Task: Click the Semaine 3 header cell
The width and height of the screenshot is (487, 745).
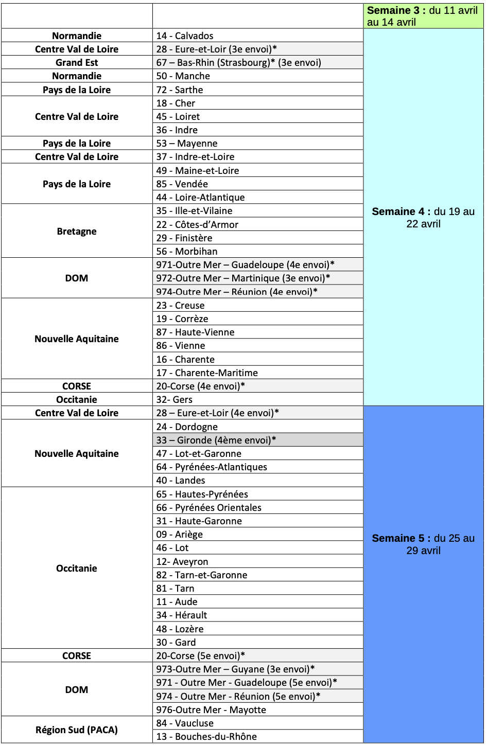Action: pos(423,16)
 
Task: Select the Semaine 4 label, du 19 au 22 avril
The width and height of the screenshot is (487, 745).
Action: pos(423,217)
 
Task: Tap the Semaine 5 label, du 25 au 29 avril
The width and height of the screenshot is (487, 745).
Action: pos(423,544)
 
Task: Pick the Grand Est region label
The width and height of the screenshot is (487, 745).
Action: pos(77,62)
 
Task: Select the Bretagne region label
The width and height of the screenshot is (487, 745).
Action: pos(77,231)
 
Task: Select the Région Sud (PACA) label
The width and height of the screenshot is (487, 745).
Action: pos(77,730)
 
